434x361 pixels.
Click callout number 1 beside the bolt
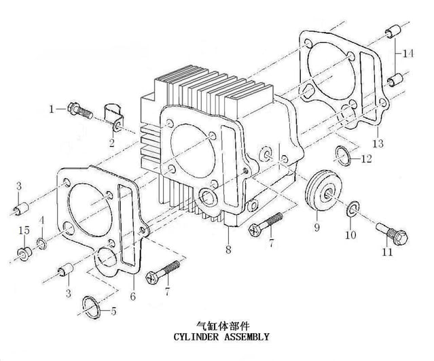[x=52, y=109]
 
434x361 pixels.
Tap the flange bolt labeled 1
[x=80, y=111]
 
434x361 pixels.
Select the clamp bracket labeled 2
[x=113, y=117]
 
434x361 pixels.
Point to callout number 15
[x=24, y=230]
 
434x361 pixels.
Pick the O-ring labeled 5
[x=92, y=307]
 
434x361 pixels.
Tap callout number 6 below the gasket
[x=133, y=296]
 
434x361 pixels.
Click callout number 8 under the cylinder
[x=228, y=250]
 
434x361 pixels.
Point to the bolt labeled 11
[x=392, y=234]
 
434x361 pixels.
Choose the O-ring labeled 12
[x=343, y=155]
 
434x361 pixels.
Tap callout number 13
[x=378, y=143]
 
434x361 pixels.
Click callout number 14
[x=408, y=54]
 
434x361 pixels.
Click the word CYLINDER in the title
[x=196, y=337]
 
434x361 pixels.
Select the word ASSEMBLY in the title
[x=247, y=337]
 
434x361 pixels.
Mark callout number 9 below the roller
[x=317, y=228]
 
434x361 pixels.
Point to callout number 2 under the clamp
[x=112, y=143]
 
